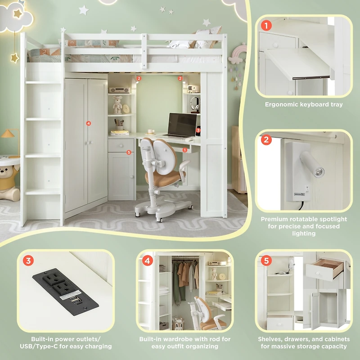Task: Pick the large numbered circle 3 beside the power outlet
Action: (28, 260)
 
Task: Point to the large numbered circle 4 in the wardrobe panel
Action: (147, 260)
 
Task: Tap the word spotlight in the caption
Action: (332, 219)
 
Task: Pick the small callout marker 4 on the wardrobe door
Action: (89, 123)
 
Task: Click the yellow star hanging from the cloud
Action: (14, 58)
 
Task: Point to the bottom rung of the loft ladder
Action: (43, 192)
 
